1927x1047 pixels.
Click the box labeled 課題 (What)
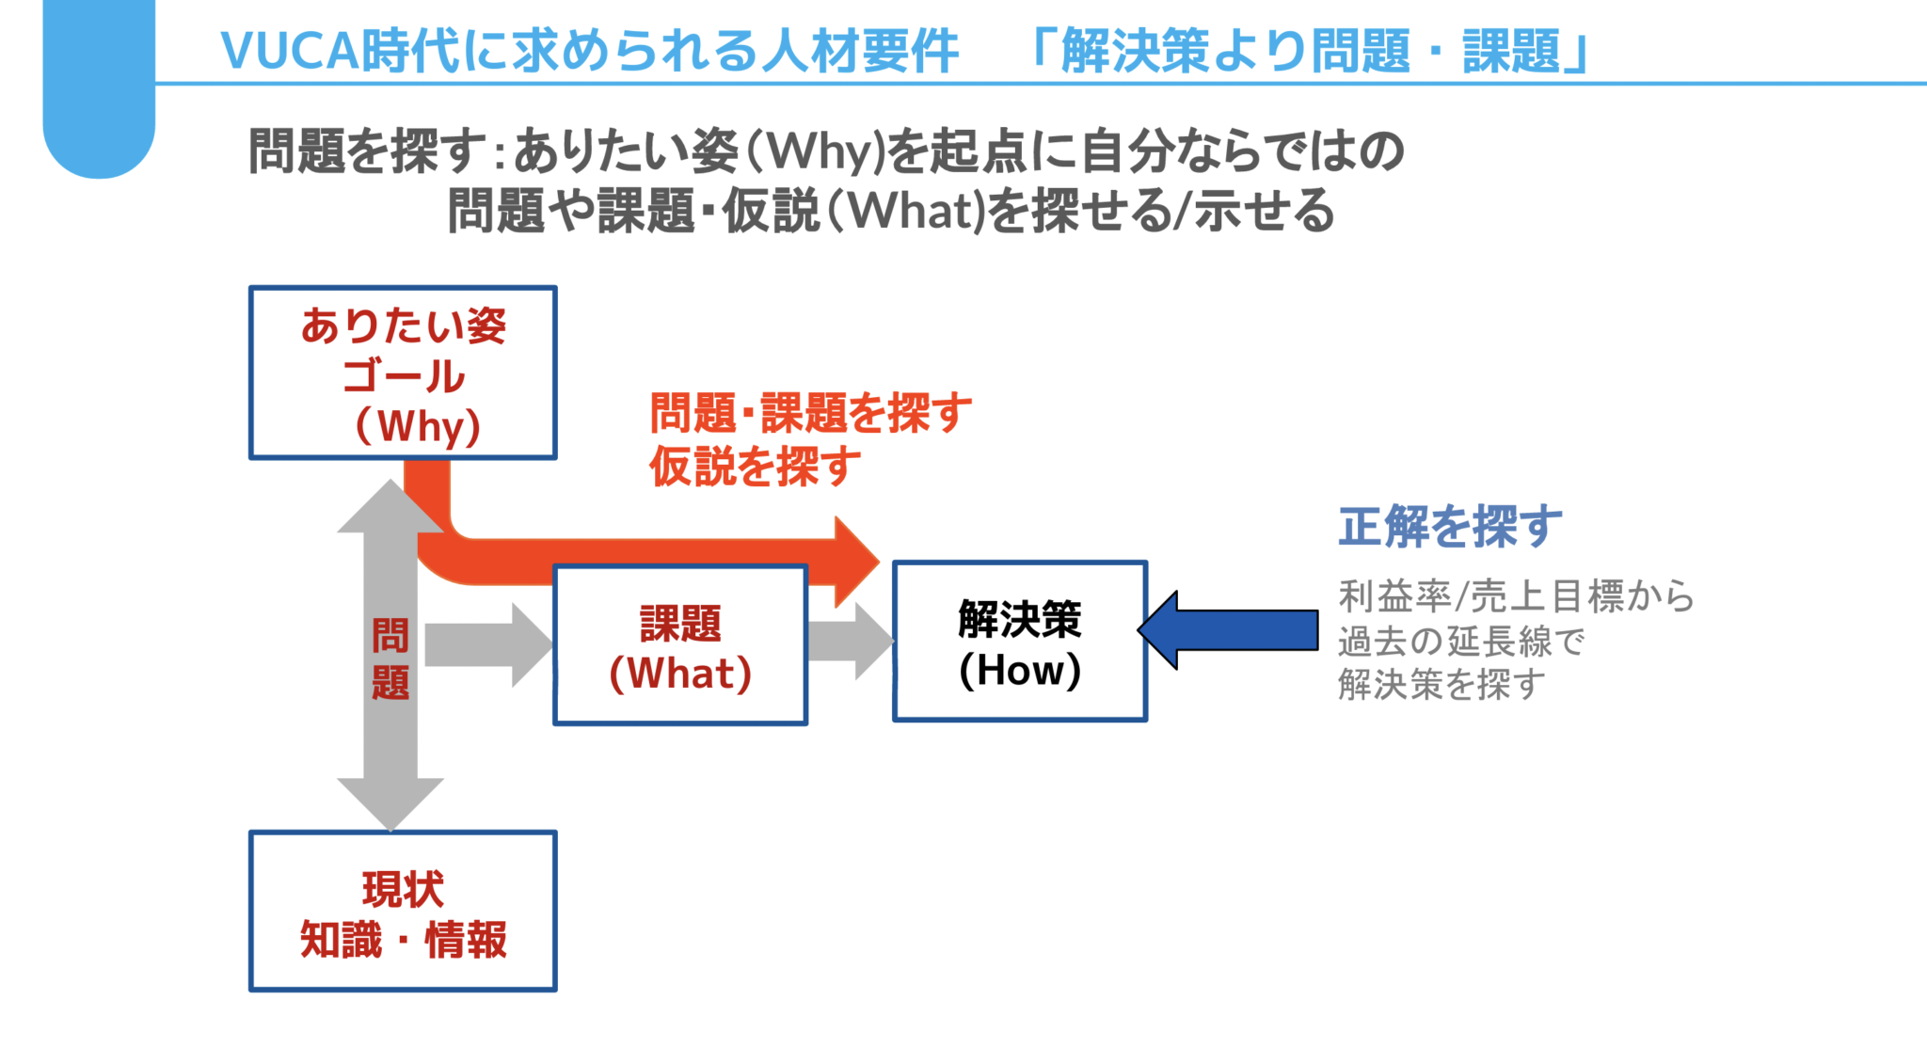[x=680, y=645]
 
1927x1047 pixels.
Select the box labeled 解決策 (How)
[x=1019, y=642]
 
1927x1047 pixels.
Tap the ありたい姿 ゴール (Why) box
[x=403, y=373]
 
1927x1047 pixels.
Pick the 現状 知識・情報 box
[x=403, y=911]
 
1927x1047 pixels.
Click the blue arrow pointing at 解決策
[x=1233, y=629]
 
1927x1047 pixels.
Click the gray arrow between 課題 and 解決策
[x=847, y=642]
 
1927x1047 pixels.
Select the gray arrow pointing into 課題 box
[x=485, y=645]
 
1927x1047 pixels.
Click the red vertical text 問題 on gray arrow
[x=390, y=658]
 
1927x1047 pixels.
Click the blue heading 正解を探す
[x=1450, y=526]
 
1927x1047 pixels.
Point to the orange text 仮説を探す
[x=755, y=466]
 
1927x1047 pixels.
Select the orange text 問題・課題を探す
[x=810, y=413]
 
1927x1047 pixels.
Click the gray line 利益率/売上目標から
[x=1516, y=596]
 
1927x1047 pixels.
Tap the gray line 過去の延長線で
[x=1460, y=642]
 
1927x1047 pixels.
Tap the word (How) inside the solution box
[x=1019, y=670]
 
